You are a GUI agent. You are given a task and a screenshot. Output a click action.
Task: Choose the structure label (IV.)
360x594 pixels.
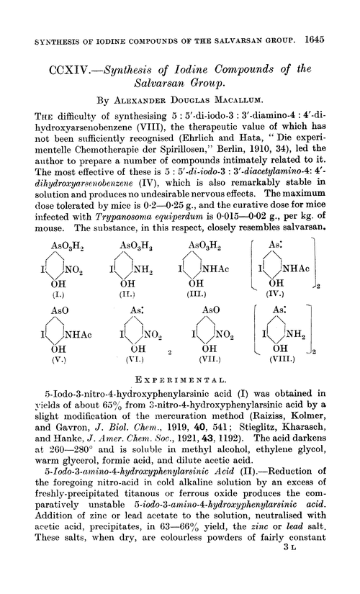pos(287,293)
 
